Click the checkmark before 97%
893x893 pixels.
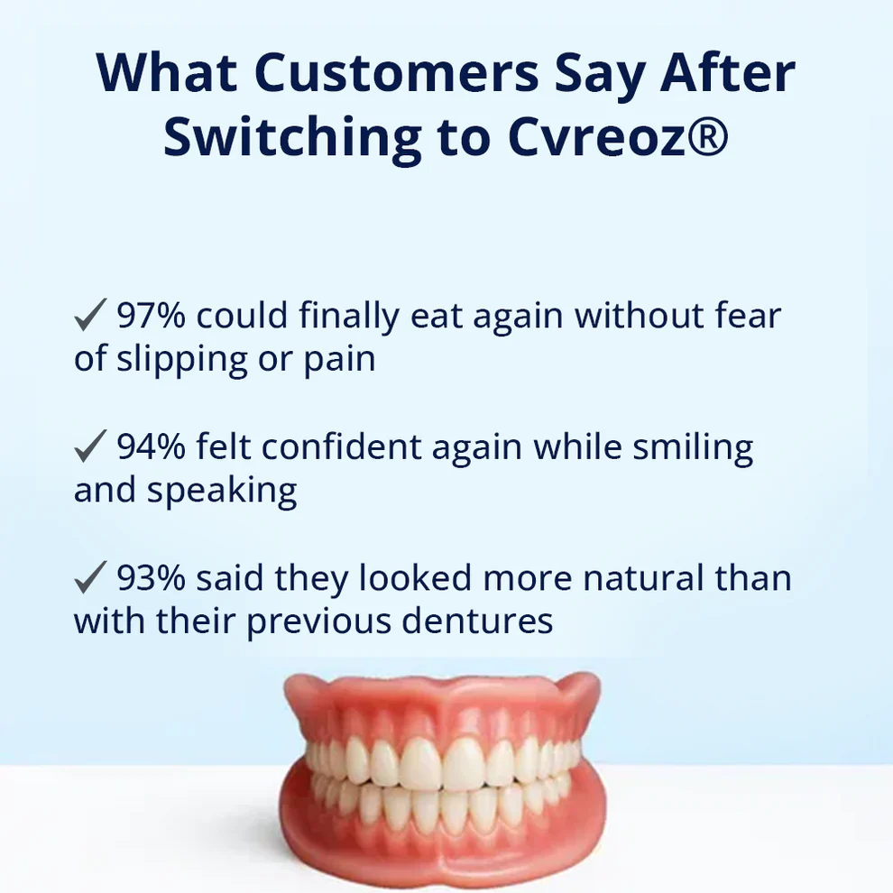click(x=90, y=317)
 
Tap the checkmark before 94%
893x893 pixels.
click(x=90, y=448)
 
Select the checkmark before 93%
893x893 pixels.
click(x=90, y=579)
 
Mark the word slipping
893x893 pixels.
click(x=185, y=360)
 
